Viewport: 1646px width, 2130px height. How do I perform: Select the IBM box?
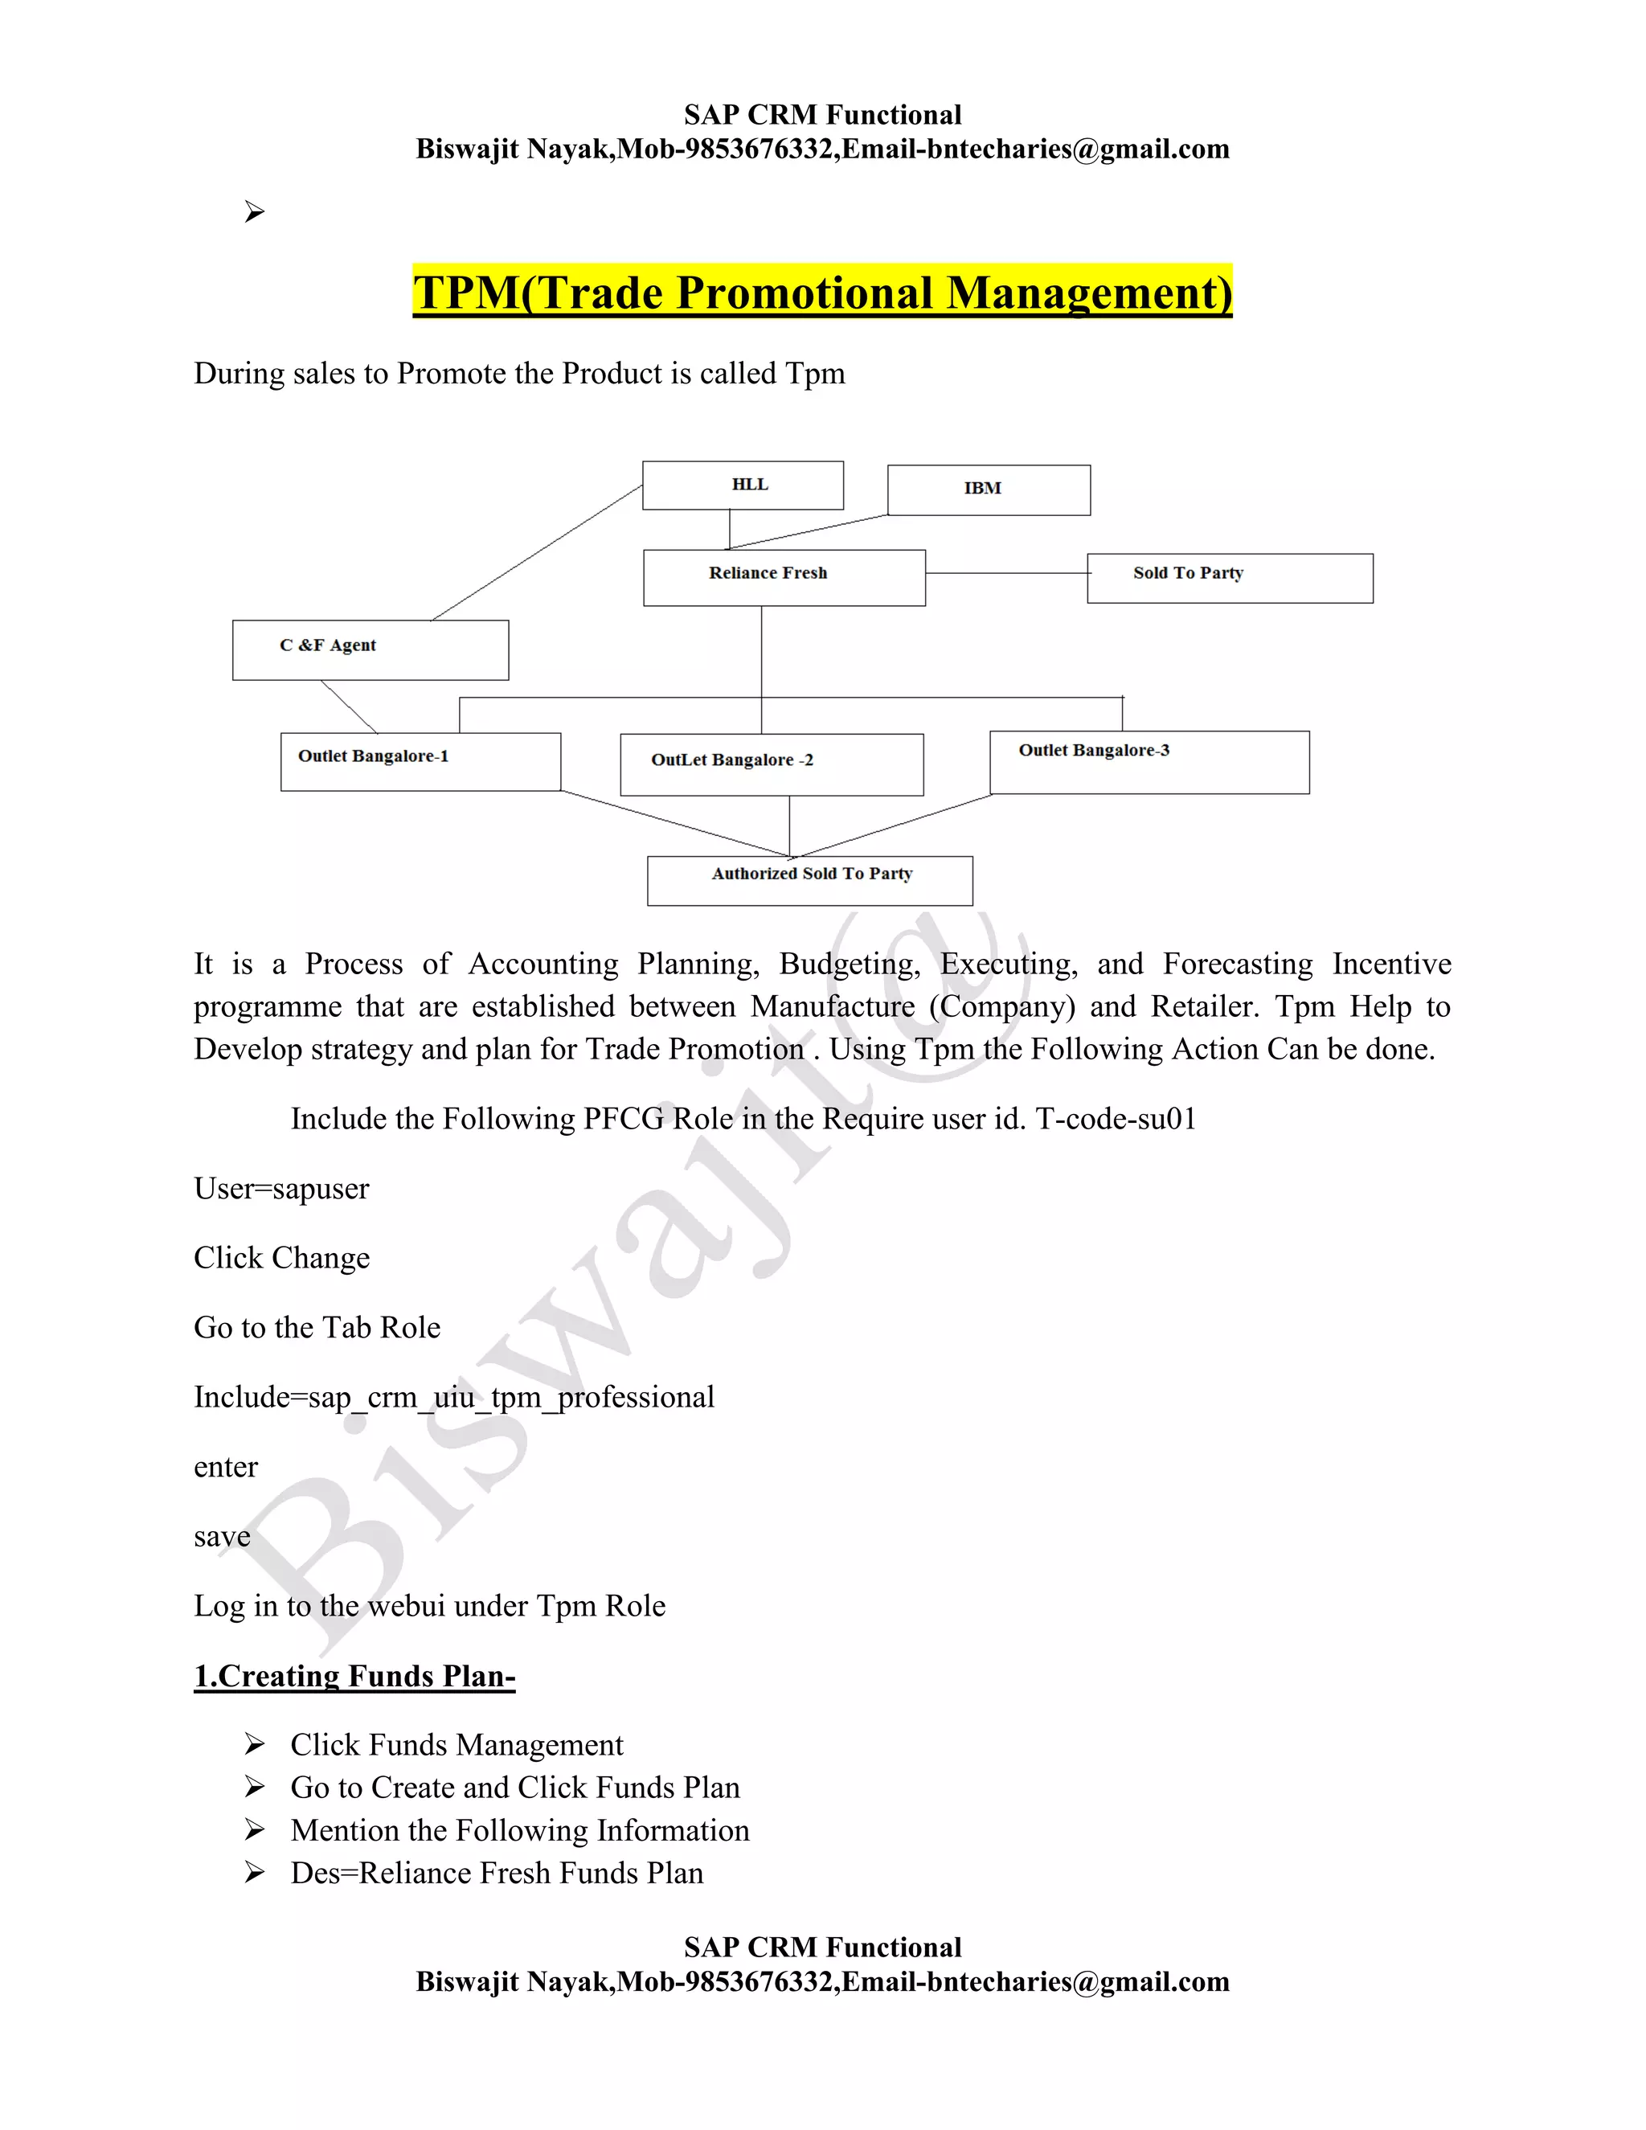pyautogui.click(x=988, y=489)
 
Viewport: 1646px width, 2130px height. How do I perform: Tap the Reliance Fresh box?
pyautogui.click(x=783, y=577)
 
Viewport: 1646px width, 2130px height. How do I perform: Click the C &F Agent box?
pyautogui.click(x=370, y=649)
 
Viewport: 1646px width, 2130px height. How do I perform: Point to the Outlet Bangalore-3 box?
pyautogui.click(x=1148, y=762)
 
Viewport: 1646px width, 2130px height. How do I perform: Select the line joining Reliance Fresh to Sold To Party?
pyautogui.click(x=1005, y=572)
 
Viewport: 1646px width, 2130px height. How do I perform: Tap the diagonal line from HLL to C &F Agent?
pyautogui.click(x=536, y=553)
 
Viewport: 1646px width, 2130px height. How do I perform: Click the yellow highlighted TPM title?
pyautogui.click(x=822, y=293)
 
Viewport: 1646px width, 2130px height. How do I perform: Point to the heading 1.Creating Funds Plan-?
pyautogui.click(x=354, y=1676)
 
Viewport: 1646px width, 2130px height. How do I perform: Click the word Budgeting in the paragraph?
pyautogui.click(x=849, y=964)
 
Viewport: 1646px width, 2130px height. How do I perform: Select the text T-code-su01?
pyautogui.click(x=1116, y=1119)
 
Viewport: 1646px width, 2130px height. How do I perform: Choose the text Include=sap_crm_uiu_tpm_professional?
pyautogui.click(x=453, y=1398)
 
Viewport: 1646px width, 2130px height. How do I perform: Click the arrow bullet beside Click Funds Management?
pyautogui.click(x=255, y=1744)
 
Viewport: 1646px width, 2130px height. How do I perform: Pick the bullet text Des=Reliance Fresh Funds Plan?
pyautogui.click(x=497, y=1874)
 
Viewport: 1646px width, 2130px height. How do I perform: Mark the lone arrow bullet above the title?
pyautogui.click(x=255, y=211)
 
